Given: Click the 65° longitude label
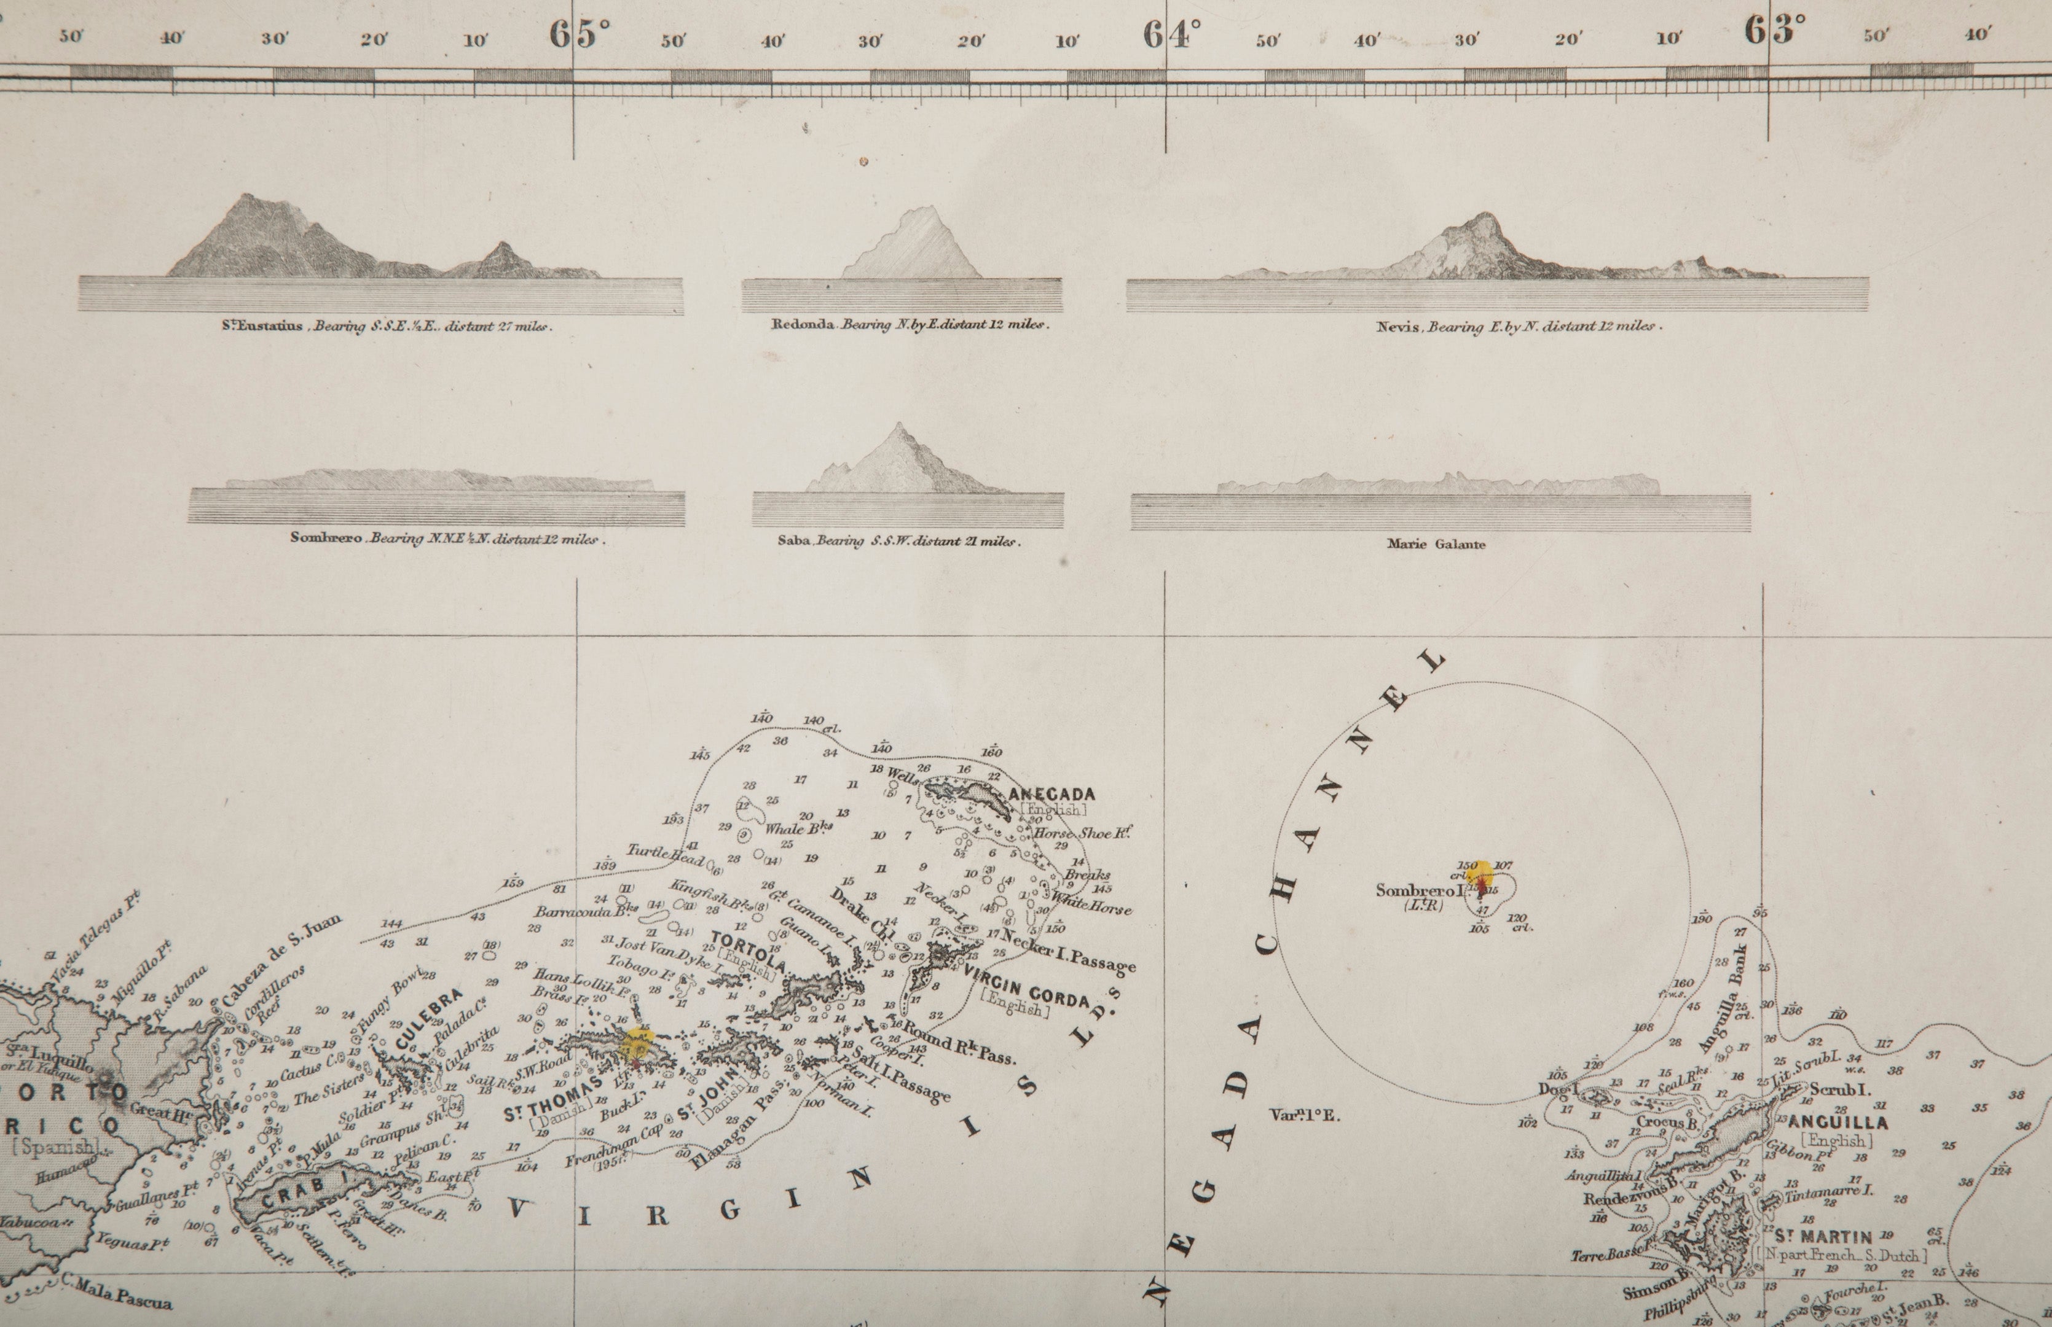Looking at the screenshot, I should pos(580,34).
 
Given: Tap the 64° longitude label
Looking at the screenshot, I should pos(1171,34).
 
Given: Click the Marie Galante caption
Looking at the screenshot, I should pos(1436,545).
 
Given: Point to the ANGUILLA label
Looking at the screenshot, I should pos(1838,1123).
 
